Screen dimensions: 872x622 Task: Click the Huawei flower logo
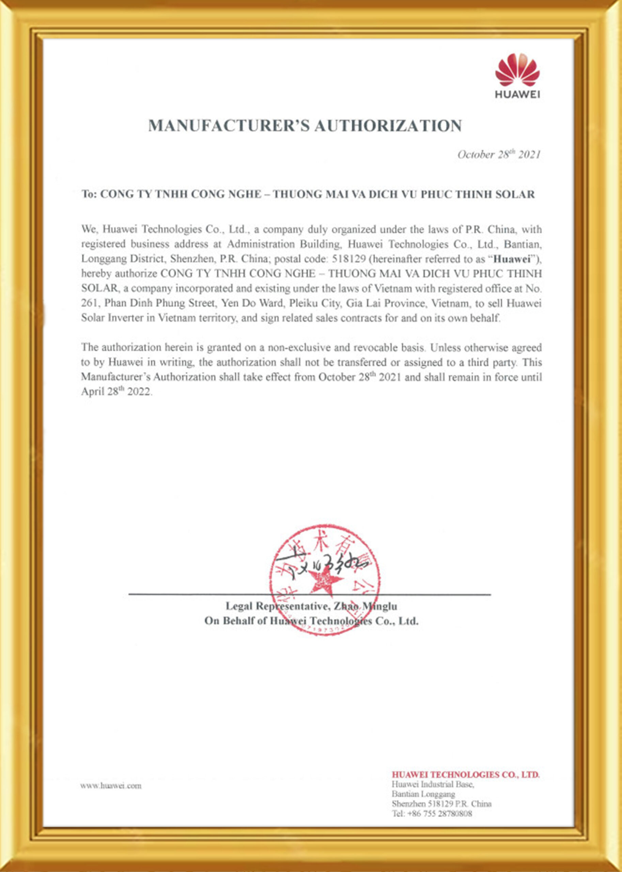(517, 70)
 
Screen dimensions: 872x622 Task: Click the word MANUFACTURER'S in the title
(229, 126)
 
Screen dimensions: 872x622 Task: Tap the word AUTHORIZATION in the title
(388, 126)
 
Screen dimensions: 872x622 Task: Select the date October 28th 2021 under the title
(499, 155)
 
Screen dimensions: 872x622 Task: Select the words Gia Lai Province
(387, 303)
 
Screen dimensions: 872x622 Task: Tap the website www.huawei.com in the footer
(111, 786)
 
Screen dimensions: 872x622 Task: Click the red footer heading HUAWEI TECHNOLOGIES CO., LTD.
(465, 775)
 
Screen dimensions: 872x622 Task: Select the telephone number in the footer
(432, 814)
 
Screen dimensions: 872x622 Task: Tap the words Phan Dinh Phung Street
(157, 303)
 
